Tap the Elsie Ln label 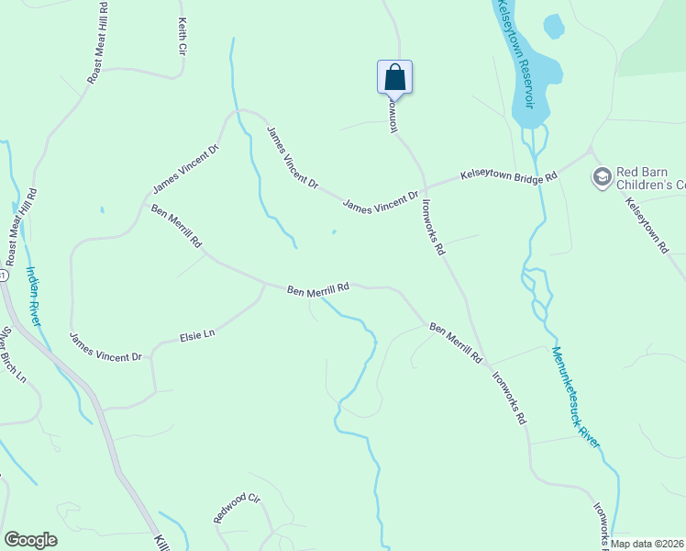(196, 335)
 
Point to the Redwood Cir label (238, 508)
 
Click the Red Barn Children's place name (650, 177)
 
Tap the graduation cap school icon (602, 176)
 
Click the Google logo (30, 539)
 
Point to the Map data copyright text (647, 544)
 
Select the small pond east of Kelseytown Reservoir (553, 27)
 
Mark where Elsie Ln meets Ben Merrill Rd (266, 285)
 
